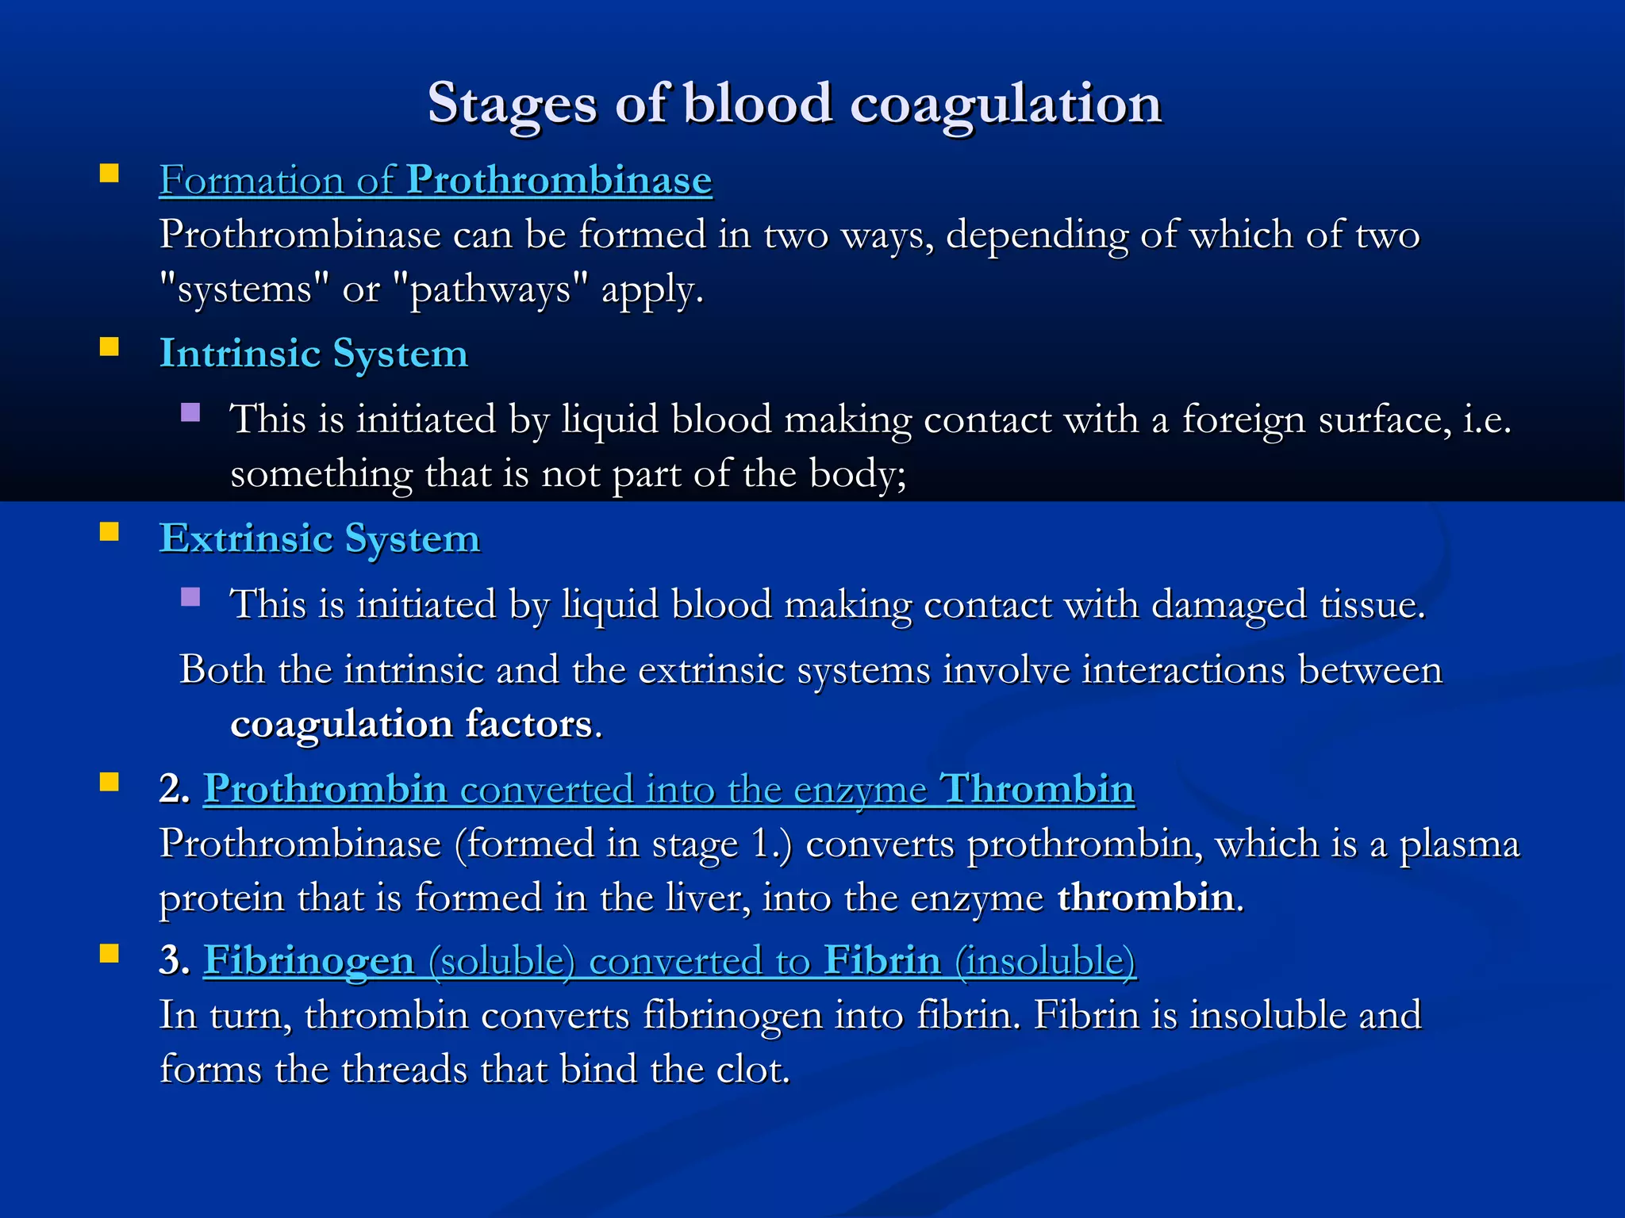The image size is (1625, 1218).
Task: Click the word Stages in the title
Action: click(511, 104)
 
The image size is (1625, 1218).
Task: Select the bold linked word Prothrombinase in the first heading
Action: click(559, 180)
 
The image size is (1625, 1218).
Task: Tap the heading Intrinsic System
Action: click(313, 354)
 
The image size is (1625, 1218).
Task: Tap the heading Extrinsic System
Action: click(320, 539)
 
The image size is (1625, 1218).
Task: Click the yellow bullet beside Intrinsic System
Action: click(109, 347)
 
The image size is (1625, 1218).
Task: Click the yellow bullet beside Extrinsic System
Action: click(109, 531)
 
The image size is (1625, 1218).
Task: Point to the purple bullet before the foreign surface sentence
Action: click(190, 412)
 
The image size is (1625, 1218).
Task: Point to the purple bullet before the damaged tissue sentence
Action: click(190, 597)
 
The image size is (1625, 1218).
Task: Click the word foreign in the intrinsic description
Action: click(1243, 419)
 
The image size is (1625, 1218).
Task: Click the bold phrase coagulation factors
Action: click(411, 724)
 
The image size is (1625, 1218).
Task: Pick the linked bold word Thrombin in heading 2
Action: click(1036, 790)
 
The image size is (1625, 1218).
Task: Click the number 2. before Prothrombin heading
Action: click(175, 790)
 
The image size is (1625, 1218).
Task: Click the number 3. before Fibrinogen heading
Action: click(175, 961)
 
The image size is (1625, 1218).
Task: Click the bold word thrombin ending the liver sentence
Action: click(1145, 898)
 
